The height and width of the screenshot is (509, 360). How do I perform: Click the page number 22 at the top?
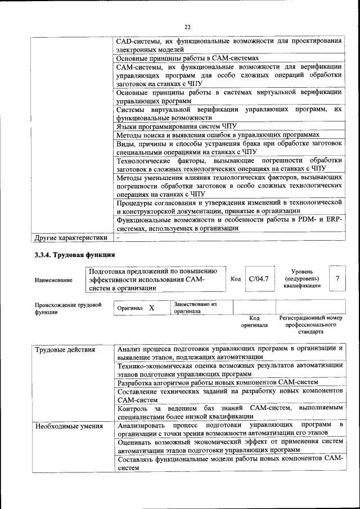[187, 26]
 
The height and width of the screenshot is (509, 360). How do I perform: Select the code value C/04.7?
[259, 278]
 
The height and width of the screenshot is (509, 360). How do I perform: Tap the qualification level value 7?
[337, 278]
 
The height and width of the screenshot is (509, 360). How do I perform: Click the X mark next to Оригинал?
[151, 308]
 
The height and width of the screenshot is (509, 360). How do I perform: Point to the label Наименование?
[53, 280]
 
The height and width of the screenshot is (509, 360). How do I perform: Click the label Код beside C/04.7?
[236, 278]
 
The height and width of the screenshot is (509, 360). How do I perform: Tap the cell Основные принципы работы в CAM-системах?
[187, 58]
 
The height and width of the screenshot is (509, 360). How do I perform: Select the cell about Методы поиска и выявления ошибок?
[218, 135]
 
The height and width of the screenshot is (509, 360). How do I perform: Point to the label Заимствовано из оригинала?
[195, 308]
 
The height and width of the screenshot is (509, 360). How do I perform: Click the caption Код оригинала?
[254, 322]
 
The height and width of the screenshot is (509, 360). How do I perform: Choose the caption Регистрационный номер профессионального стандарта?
[310, 325]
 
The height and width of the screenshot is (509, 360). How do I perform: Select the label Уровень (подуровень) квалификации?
[302, 278]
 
